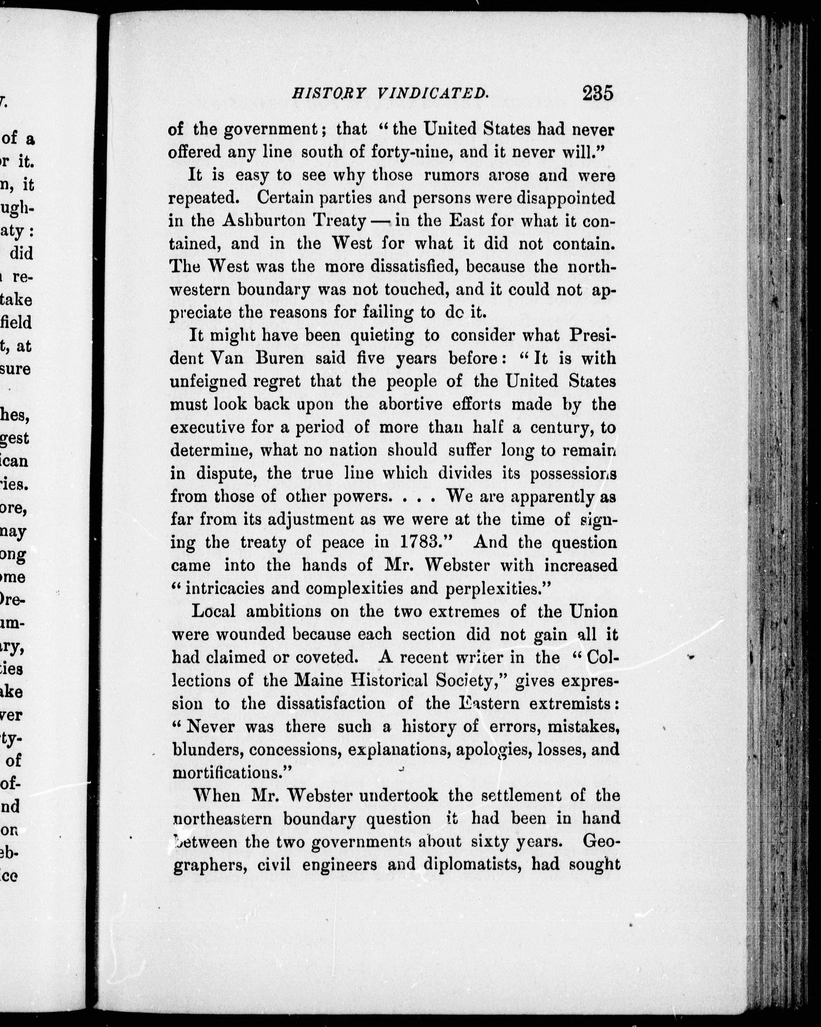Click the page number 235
click(597, 93)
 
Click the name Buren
click(279, 358)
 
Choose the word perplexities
click(498, 588)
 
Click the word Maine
click(318, 680)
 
